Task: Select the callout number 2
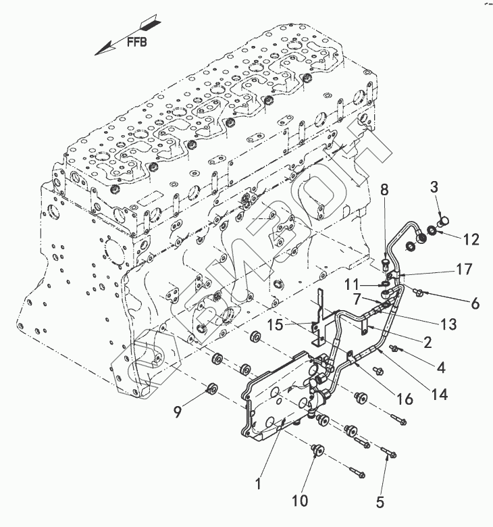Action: click(x=427, y=343)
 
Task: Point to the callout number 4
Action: click(x=440, y=368)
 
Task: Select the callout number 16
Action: click(x=405, y=399)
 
